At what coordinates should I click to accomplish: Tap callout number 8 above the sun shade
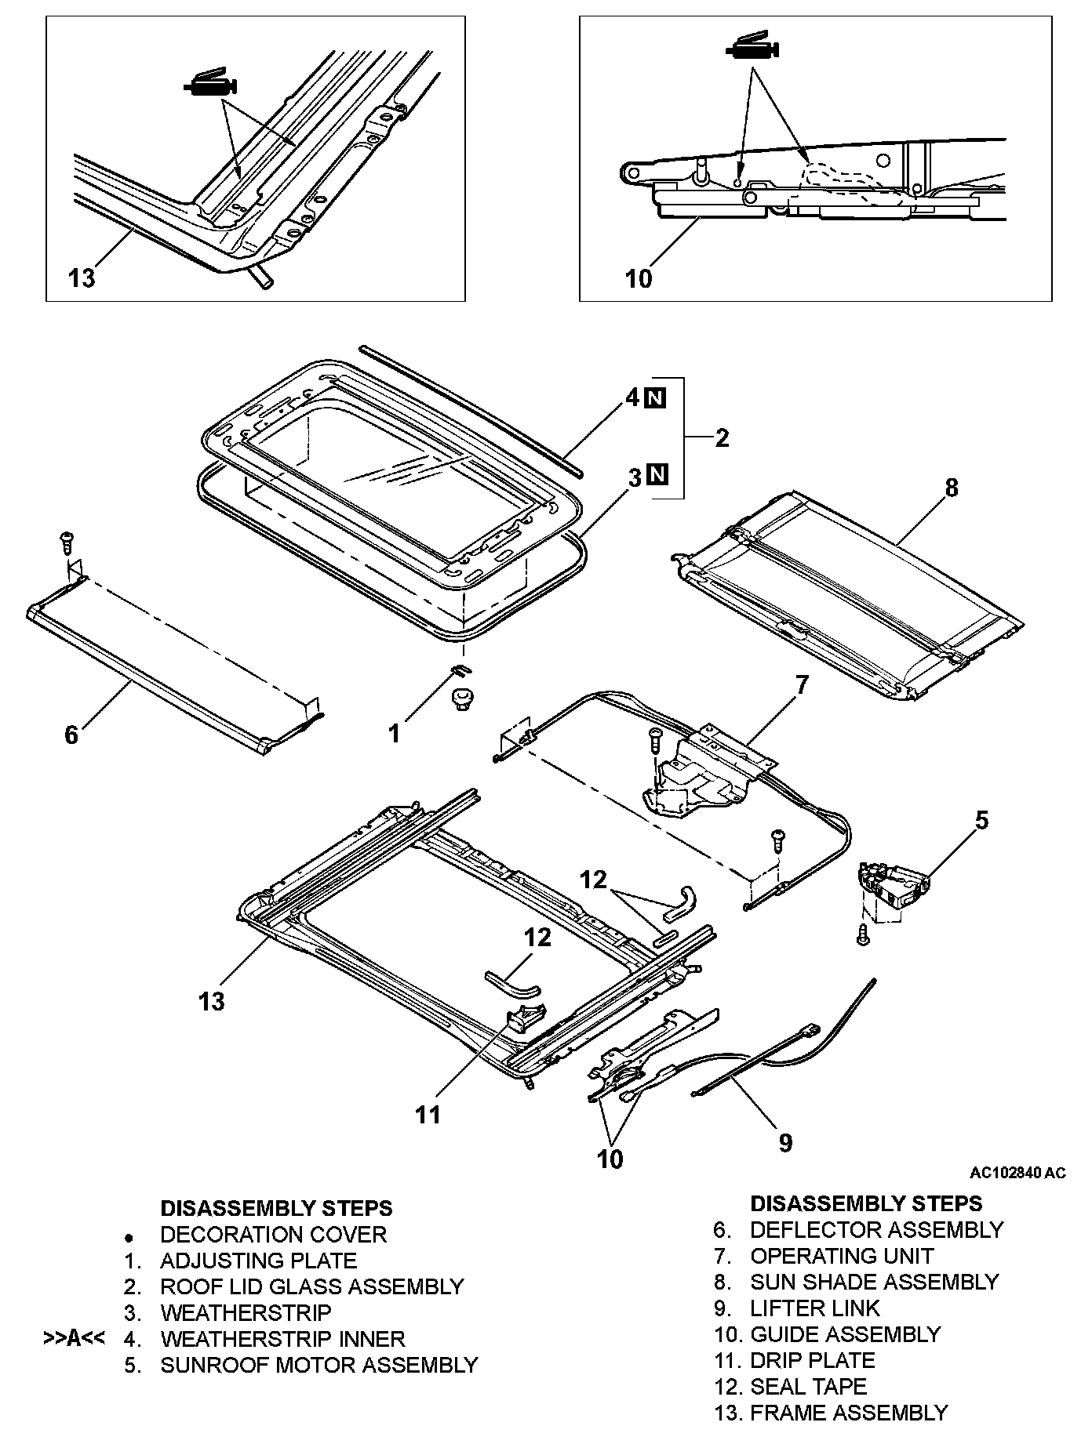click(x=951, y=488)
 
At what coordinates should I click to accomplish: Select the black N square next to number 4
click(x=656, y=398)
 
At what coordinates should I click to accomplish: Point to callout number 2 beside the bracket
click(x=722, y=437)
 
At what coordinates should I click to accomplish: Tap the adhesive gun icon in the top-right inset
click(x=751, y=48)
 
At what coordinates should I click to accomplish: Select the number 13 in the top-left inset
click(x=82, y=277)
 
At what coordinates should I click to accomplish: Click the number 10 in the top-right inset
click(x=639, y=278)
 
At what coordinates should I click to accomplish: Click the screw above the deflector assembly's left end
click(x=66, y=540)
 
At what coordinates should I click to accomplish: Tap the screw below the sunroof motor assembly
click(x=863, y=934)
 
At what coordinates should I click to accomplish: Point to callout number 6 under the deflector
click(x=71, y=735)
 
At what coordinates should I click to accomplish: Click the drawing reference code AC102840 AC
click(x=1017, y=1173)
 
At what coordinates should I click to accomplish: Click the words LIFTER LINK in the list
click(x=815, y=1308)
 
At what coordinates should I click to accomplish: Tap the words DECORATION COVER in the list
click(x=273, y=1235)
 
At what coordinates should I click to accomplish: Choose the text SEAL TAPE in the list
click(x=808, y=1387)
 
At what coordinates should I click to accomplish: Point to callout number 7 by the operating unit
click(x=801, y=684)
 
